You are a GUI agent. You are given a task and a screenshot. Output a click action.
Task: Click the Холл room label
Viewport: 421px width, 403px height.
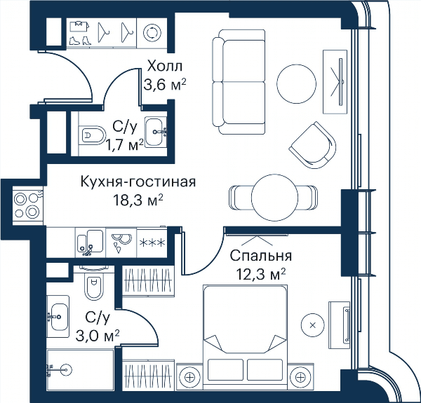click(165, 66)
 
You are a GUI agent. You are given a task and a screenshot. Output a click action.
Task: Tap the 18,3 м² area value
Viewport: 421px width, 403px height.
click(138, 200)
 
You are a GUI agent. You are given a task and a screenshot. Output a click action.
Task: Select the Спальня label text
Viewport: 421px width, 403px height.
click(261, 257)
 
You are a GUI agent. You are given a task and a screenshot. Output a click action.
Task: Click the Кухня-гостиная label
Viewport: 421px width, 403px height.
click(138, 182)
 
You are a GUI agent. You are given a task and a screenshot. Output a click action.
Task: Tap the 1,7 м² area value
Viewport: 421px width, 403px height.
click(125, 145)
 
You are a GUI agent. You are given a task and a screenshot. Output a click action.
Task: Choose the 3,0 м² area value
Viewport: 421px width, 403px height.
click(98, 336)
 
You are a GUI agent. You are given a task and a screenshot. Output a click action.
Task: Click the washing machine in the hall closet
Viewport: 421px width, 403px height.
click(152, 33)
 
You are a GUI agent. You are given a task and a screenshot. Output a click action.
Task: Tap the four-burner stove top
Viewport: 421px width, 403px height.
click(27, 205)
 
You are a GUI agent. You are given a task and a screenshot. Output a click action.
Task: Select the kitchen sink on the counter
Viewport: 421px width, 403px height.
click(90, 242)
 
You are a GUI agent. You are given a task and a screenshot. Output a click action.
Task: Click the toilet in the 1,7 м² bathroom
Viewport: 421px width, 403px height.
click(93, 134)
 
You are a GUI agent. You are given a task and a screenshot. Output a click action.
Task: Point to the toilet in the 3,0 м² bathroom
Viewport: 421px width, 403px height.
click(94, 284)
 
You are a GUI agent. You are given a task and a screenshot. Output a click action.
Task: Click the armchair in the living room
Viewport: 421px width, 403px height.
click(314, 146)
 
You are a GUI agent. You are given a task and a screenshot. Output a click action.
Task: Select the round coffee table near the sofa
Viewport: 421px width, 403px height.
click(296, 83)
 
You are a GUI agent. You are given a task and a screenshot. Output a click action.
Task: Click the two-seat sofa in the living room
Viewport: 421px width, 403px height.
click(239, 81)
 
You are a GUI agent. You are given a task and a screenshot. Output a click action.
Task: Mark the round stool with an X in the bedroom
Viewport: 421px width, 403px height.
click(313, 325)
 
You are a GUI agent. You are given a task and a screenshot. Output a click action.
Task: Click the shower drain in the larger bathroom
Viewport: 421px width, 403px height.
click(66, 370)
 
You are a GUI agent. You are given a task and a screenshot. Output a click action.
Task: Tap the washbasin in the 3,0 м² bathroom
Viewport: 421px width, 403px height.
click(58, 316)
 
